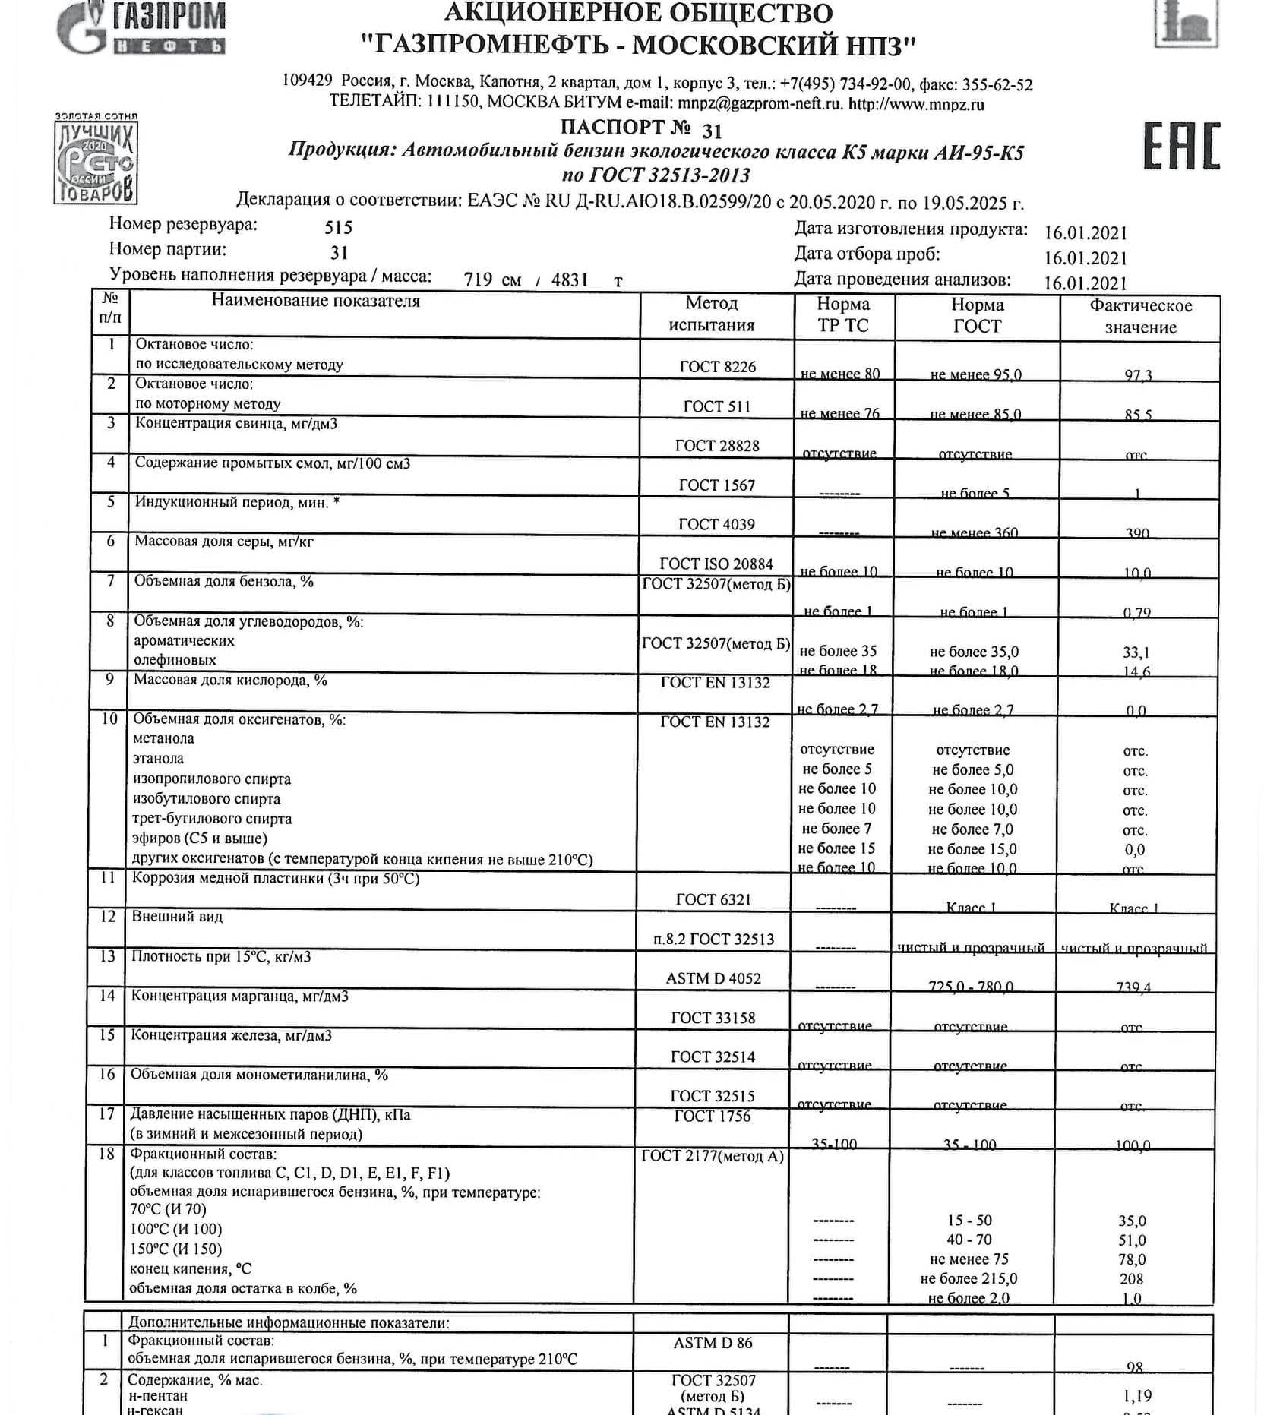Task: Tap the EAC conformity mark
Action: point(1181,145)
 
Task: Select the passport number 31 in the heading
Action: point(712,131)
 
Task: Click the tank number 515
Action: point(338,227)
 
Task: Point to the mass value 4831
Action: point(570,280)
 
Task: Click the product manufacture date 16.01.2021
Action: point(1085,232)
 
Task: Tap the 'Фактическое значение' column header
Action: point(1140,316)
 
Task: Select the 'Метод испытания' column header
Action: point(711,314)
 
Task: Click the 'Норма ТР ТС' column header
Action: point(842,314)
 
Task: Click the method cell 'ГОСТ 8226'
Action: point(717,366)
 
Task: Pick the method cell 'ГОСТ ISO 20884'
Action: point(716,564)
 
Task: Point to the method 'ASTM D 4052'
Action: point(713,978)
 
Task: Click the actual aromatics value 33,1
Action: point(1136,652)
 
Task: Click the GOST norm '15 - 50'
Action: point(969,1221)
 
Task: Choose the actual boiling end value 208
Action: point(1131,1279)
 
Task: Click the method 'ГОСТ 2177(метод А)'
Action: point(712,1156)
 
